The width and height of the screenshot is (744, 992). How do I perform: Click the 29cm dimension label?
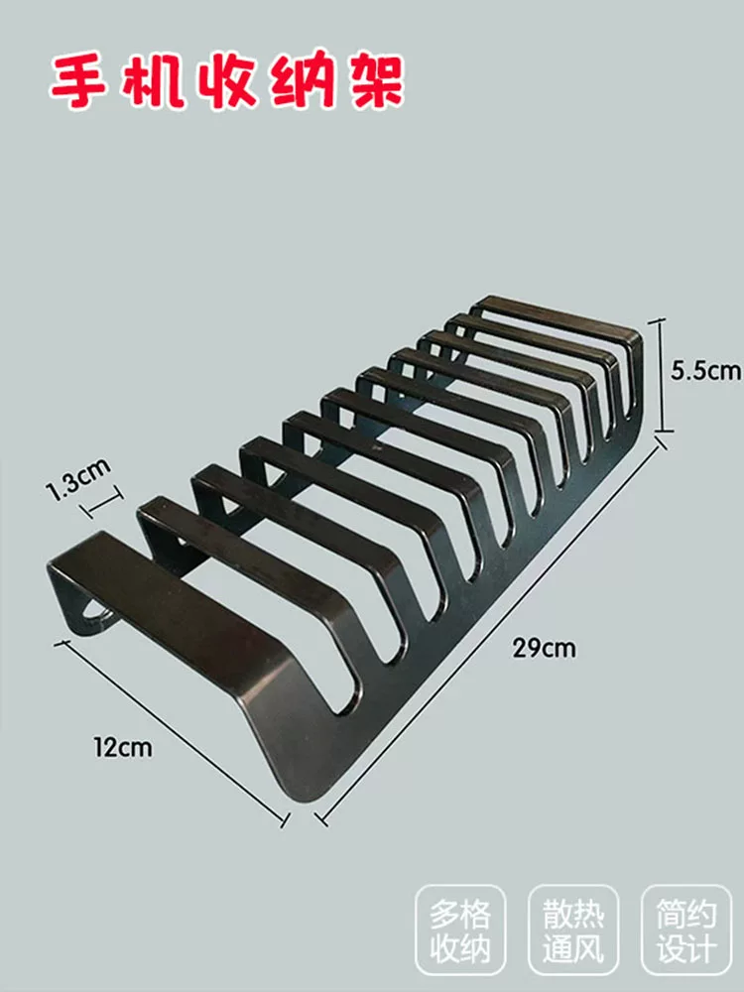click(x=544, y=649)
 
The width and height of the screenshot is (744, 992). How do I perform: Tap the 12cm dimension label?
click(x=123, y=747)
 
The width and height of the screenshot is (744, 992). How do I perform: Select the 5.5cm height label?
click(x=706, y=370)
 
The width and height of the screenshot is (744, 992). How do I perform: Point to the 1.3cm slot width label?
click(x=78, y=479)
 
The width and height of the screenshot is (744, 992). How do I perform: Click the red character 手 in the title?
click(x=78, y=83)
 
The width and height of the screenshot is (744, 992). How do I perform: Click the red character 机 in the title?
click(x=153, y=83)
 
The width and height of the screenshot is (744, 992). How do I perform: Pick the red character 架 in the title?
click(x=375, y=83)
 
